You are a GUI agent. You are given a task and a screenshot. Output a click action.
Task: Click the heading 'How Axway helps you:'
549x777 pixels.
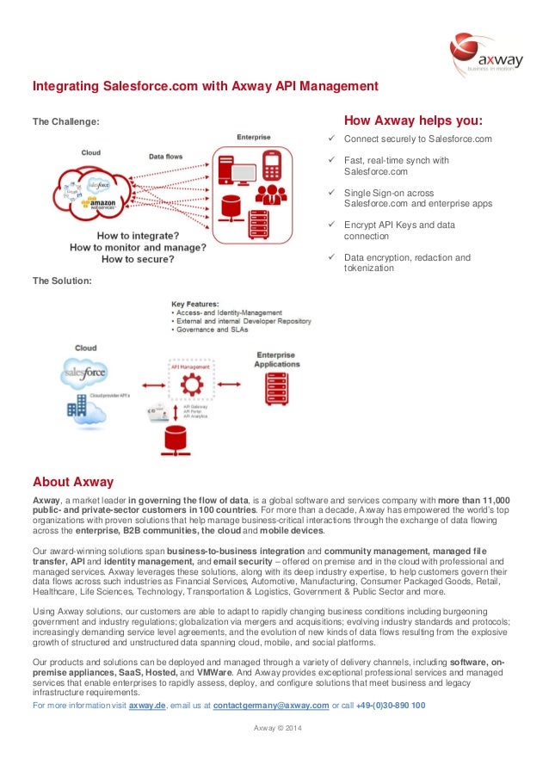pos(412,120)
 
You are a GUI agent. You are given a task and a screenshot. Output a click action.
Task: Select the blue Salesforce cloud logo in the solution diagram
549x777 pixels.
pos(84,374)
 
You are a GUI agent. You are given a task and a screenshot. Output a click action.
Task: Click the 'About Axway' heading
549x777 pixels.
pos(73,481)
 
